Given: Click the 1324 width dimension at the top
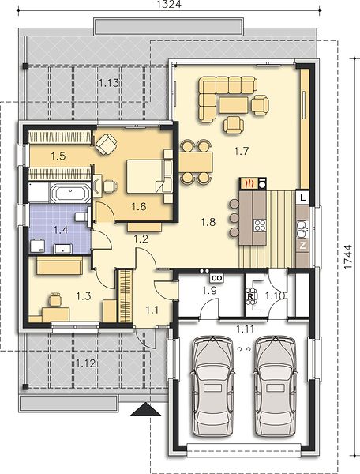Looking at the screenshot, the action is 169,4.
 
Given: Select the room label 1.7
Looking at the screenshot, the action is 242,151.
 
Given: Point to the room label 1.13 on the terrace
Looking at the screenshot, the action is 109,82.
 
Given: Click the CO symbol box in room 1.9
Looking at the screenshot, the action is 217,277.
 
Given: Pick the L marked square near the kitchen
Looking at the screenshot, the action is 303,198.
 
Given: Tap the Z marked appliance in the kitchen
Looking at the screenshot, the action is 302,246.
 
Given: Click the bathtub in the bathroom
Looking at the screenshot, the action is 70,192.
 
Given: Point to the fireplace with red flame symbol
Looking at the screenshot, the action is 249,183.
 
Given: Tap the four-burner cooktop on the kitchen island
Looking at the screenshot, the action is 260,225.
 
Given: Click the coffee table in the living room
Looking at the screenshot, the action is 234,105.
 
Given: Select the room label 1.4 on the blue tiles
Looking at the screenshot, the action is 61,230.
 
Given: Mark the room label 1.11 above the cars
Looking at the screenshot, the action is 245,329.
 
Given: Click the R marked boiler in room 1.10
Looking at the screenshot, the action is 250,296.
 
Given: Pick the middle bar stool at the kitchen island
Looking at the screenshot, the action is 234,217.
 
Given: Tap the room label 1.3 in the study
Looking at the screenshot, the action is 84,296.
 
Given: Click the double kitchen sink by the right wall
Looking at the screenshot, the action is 302,229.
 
